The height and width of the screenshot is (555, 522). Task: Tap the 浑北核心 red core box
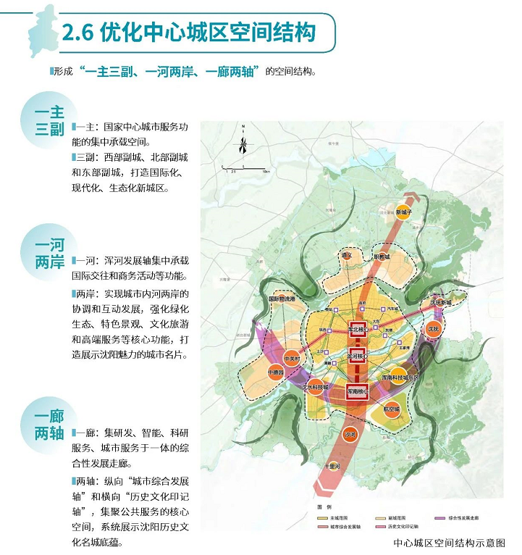point(355,329)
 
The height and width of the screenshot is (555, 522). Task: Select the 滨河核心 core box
point(356,357)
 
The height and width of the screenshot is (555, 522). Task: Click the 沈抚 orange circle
point(433,327)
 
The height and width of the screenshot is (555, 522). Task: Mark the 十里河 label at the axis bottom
point(334,467)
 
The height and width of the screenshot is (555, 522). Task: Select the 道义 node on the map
point(348,256)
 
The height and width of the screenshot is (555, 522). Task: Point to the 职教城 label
point(382,257)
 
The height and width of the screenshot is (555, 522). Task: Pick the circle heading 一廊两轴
point(50,426)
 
